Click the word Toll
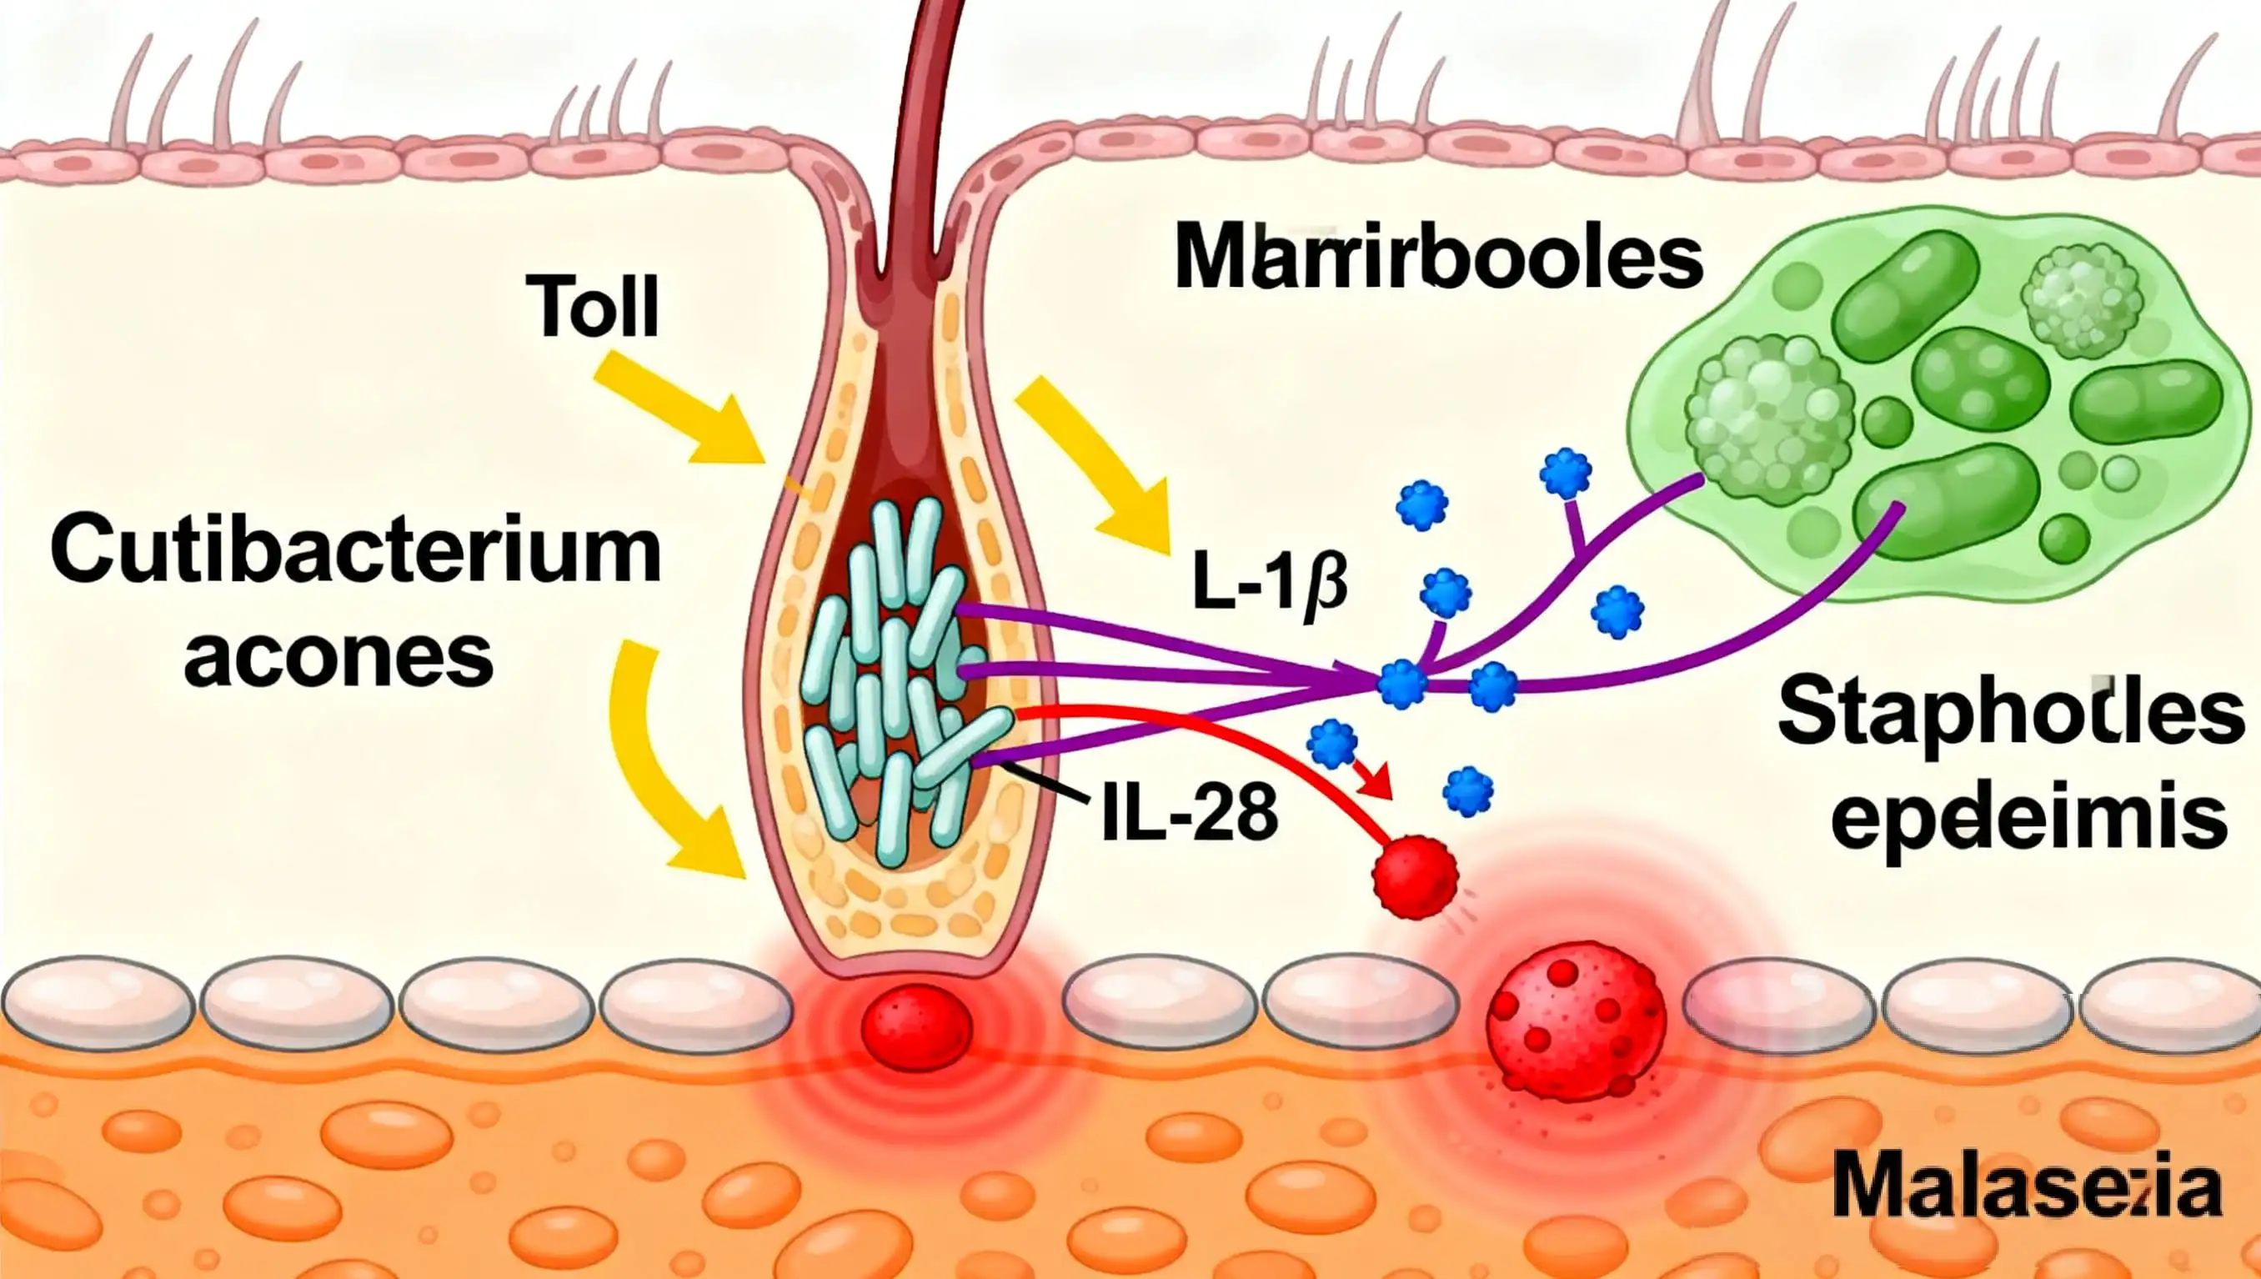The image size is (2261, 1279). pyautogui.click(x=593, y=307)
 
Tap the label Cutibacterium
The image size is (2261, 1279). pyautogui.click(x=356, y=552)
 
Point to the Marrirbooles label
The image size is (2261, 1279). pyautogui.click(x=1438, y=258)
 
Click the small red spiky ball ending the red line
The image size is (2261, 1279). pyautogui.click(x=1414, y=878)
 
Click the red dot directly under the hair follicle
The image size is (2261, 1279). pyautogui.click(x=916, y=1026)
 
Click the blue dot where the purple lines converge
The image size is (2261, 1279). pyautogui.click(x=1402, y=684)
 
